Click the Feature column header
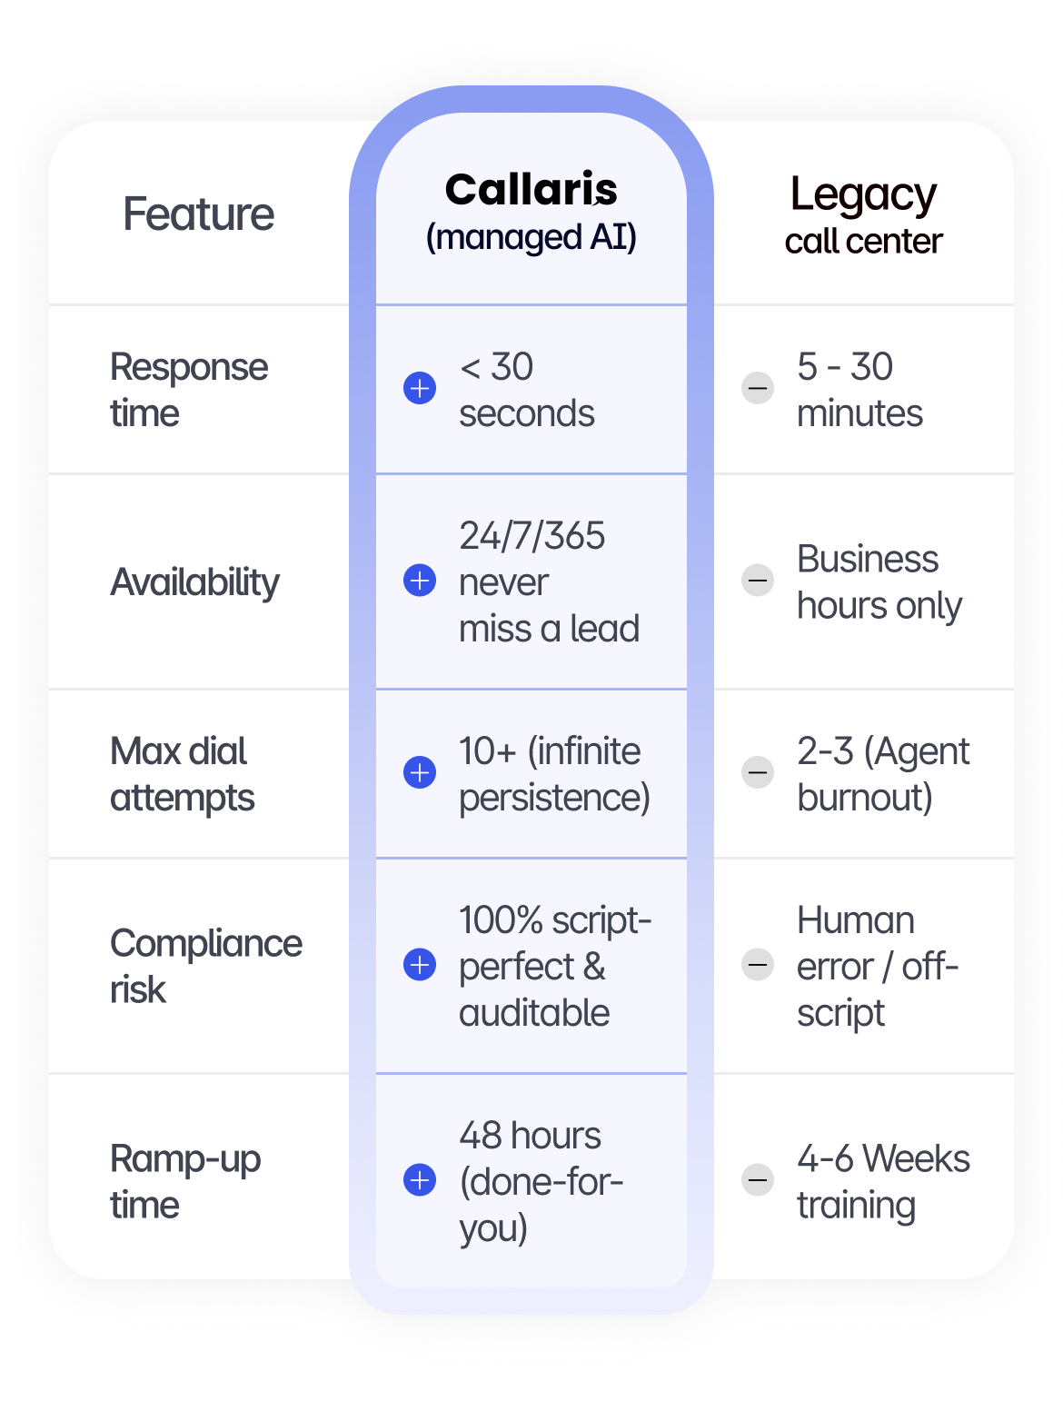coord(198,214)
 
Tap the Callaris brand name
coord(531,190)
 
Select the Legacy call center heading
coord(863,216)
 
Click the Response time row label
coord(188,390)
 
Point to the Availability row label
coord(194,581)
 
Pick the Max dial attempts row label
coord(182,774)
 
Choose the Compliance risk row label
coord(205,966)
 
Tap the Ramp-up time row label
coord(184,1181)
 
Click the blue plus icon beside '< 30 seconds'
coord(420,389)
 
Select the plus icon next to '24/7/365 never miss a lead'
coord(420,580)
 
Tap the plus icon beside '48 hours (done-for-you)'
coord(420,1180)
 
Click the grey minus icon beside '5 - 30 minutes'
coord(758,389)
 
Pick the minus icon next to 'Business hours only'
coord(758,580)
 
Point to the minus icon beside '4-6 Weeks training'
coord(758,1180)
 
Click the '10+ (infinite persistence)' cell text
coord(554,774)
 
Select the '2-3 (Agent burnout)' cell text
coord(883,774)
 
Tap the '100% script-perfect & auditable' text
coord(554,966)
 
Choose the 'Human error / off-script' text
coord(877,966)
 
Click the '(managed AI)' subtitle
coord(531,237)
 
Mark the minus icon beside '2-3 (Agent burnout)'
coord(758,772)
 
